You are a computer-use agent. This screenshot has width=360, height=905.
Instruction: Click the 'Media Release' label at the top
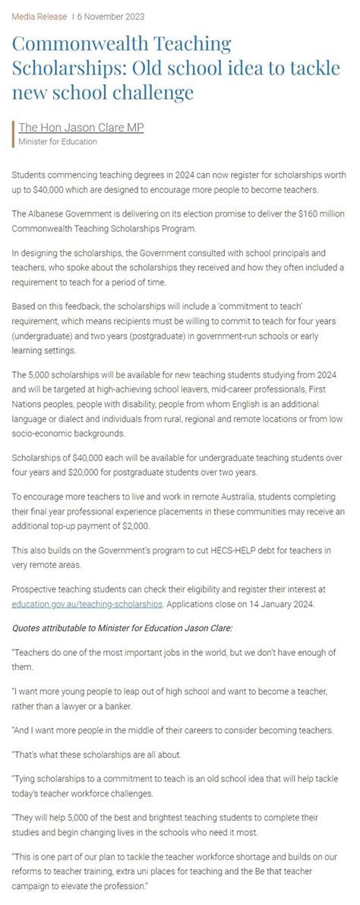click(x=36, y=16)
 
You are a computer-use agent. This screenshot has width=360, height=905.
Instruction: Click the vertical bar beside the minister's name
click(x=14, y=134)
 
